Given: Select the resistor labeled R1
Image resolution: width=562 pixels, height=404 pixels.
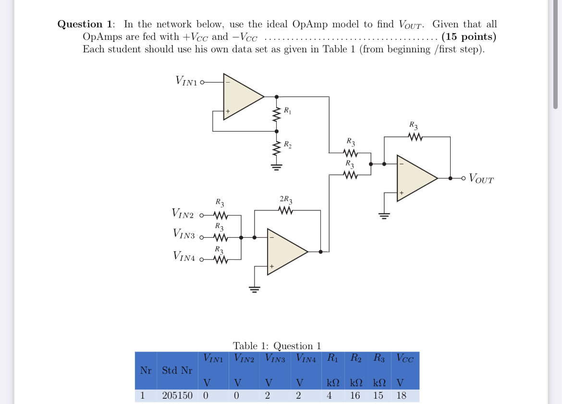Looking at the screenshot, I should tap(277, 114).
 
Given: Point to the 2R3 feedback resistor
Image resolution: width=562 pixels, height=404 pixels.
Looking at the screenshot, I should tap(286, 210).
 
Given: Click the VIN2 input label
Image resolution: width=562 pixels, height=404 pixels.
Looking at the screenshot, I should tap(183, 213).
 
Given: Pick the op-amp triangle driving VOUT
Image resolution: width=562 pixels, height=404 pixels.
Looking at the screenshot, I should tap(415, 178).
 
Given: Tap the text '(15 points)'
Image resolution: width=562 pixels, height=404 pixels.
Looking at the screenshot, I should tap(469, 37).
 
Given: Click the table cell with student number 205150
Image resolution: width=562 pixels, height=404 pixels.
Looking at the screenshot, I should tap(177, 396).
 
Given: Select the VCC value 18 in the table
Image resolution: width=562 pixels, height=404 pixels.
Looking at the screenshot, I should tap(402, 396).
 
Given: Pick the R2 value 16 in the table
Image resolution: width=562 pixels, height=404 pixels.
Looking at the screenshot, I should tap(355, 396).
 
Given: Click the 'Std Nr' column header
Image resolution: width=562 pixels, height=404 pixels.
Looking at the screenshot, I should tap(177, 370).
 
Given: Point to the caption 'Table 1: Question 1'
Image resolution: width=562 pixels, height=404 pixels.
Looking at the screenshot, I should tap(277, 346).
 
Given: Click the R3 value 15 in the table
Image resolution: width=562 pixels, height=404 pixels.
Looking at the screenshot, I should tap(379, 396).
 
